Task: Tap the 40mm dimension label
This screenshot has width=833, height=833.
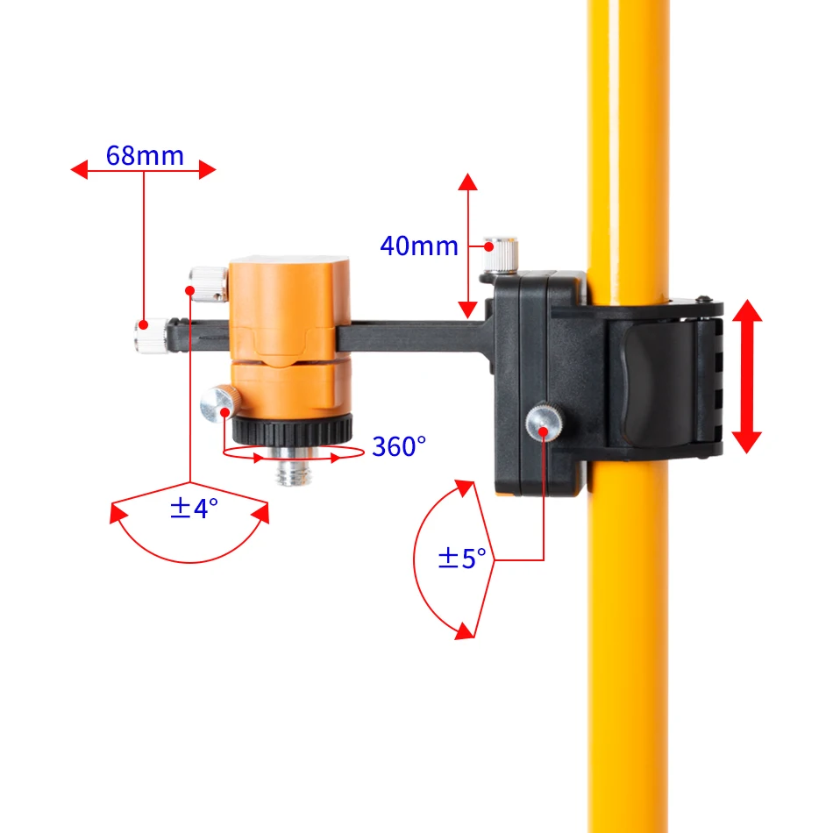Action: [418, 246]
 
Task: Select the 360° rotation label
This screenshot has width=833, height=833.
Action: [399, 446]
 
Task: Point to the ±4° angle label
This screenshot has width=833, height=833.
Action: [193, 509]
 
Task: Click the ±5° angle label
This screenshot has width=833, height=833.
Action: [461, 558]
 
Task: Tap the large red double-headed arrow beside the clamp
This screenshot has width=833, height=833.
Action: [746, 375]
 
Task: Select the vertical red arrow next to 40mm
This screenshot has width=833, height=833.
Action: [467, 246]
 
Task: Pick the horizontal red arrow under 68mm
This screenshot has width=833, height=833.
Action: [143, 170]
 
